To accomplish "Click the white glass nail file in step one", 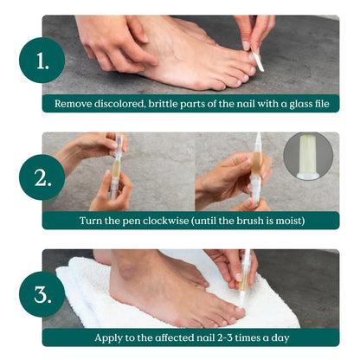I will pos(258,58).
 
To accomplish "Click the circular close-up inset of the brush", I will pos(308,157).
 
